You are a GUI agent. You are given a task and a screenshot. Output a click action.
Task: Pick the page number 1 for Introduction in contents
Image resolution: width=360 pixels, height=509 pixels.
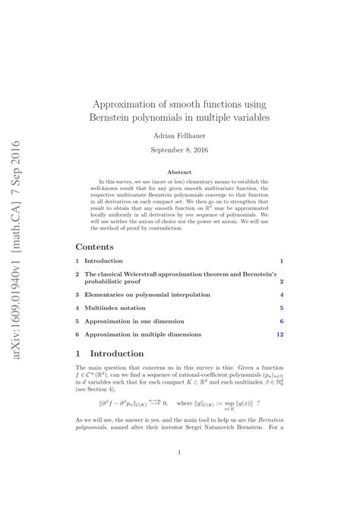(x=282, y=261)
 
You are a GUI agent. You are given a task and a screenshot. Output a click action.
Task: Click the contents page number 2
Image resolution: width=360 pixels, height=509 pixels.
(x=282, y=281)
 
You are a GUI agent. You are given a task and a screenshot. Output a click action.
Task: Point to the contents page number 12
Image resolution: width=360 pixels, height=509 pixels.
(x=280, y=334)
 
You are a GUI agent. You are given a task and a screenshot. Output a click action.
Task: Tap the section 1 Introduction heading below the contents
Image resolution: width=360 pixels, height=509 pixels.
(x=117, y=354)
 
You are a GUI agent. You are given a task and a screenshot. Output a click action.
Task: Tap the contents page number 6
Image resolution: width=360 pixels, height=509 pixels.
(x=282, y=321)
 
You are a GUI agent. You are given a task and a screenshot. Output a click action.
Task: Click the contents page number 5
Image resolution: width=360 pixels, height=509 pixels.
(x=282, y=308)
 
